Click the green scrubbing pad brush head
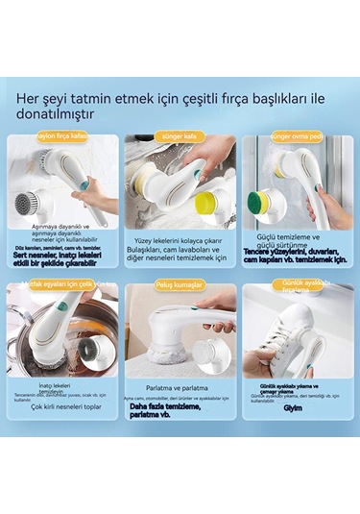pyautogui.click(x=264, y=200)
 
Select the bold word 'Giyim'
pyautogui.click(x=296, y=405)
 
